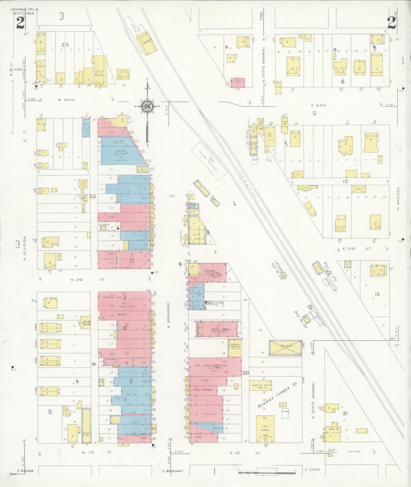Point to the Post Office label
pos(203,390)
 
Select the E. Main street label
pos(319,105)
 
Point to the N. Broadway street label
pos(168,315)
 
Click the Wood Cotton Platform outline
pos(209,161)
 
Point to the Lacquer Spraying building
pos(235,346)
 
